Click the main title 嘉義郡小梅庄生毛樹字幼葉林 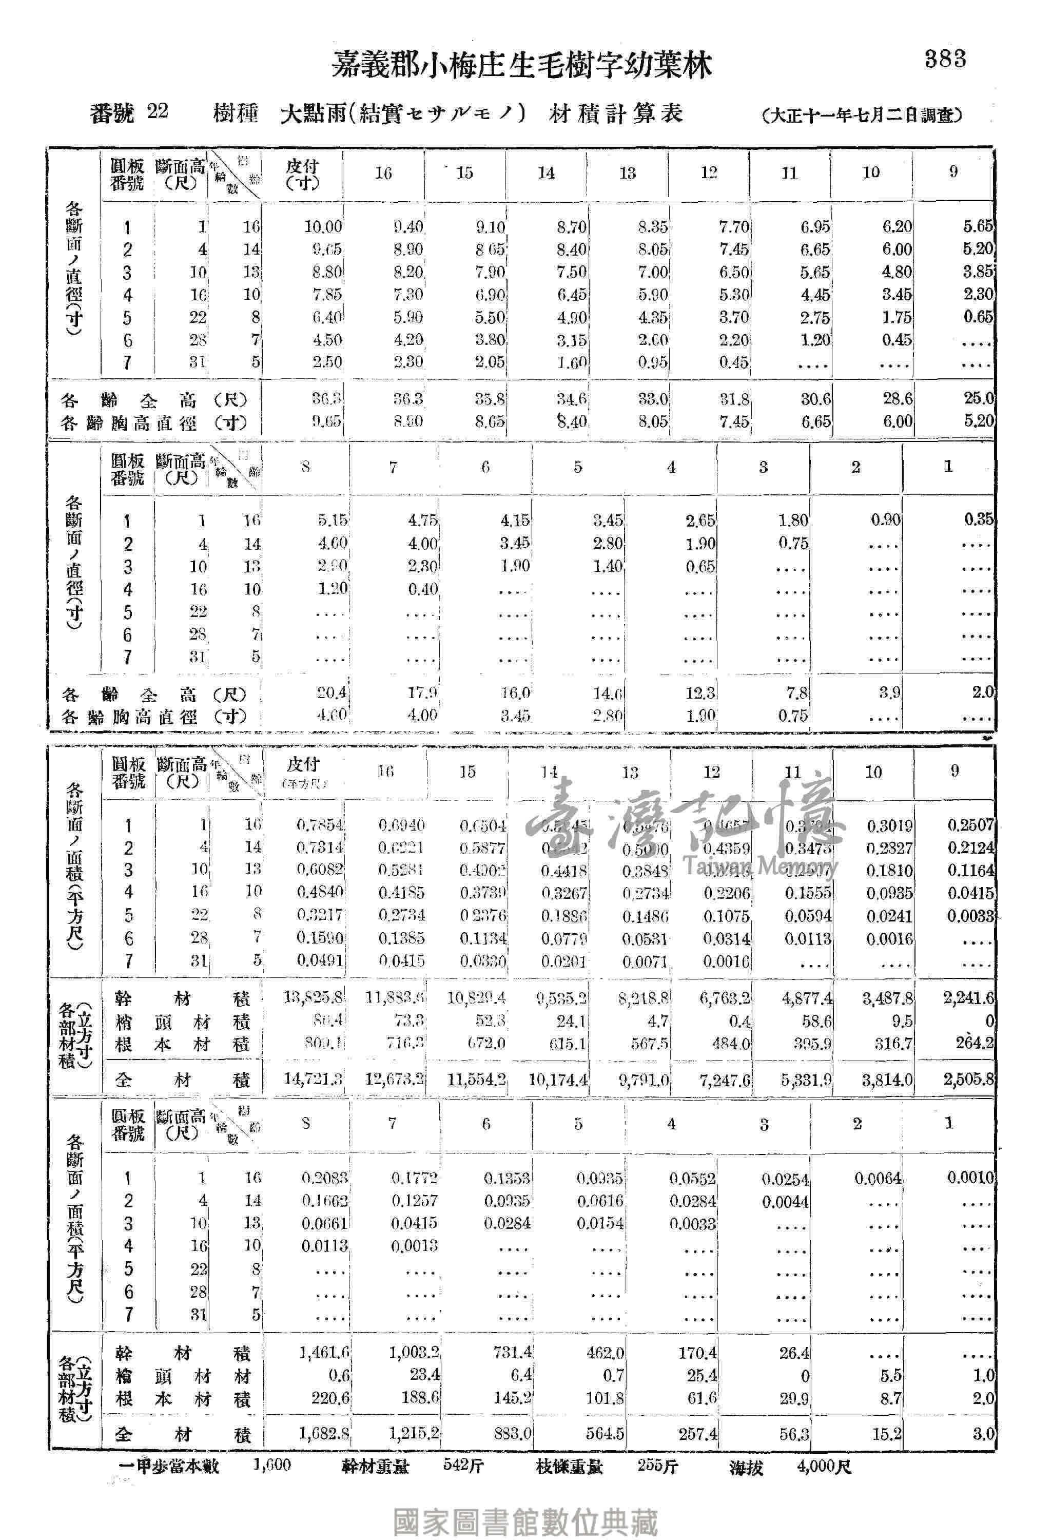pyautogui.click(x=521, y=66)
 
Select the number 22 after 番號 pyautogui.click(x=157, y=111)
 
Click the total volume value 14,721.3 pyautogui.click(x=313, y=1080)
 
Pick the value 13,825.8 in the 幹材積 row pyautogui.click(x=313, y=997)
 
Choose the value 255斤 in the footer pyautogui.click(x=657, y=1465)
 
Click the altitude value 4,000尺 pyautogui.click(x=824, y=1466)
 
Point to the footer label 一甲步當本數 pyautogui.click(x=168, y=1466)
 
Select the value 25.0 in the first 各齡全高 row pyautogui.click(x=979, y=398)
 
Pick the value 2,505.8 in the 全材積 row pyautogui.click(x=968, y=1080)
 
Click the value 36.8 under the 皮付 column pyautogui.click(x=326, y=399)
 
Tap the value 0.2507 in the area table pyautogui.click(x=970, y=825)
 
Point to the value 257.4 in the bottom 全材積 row pyautogui.click(x=697, y=1434)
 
